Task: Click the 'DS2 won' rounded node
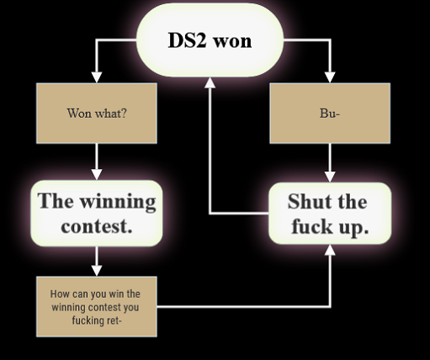point(210,40)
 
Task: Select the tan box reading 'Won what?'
point(97,114)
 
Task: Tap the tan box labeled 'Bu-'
point(330,114)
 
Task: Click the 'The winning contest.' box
point(97,214)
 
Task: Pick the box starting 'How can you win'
point(97,307)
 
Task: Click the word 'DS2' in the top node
point(188,40)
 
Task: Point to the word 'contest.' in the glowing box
point(97,226)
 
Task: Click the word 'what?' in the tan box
point(111,114)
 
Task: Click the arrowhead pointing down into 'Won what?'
point(97,77)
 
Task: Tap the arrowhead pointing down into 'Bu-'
point(330,77)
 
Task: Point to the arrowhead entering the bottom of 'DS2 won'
point(210,82)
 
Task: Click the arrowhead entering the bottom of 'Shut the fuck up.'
point(330,250)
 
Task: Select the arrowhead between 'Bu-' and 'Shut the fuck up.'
point(330,177)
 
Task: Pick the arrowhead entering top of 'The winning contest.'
point(97,175)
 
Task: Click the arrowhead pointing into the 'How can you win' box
point(97,271)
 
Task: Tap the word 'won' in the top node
point(232,41)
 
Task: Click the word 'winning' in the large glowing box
point(118,202)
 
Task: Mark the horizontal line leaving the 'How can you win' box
point(243,307)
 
